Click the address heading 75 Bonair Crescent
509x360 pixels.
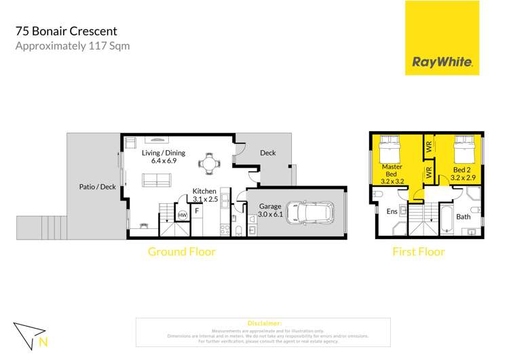66,31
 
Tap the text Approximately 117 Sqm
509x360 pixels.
72,46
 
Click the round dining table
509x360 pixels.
207,163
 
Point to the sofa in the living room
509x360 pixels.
156,180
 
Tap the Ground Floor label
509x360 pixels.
181,252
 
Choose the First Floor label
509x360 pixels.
419,252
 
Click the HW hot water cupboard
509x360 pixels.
182,215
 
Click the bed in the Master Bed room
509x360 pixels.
392,149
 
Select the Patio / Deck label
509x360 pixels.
98,186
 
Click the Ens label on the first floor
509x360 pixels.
392,212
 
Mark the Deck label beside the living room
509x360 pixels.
268,153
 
